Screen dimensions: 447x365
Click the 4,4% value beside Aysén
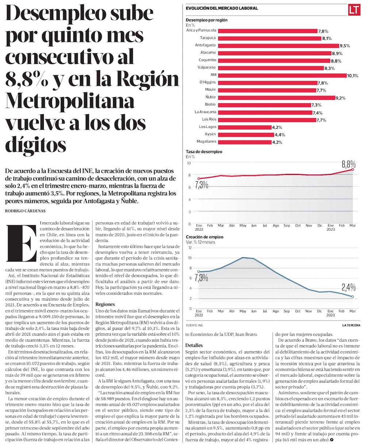(279, 135)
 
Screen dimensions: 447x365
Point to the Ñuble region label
(211, 98)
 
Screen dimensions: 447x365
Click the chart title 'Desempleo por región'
(207, 20)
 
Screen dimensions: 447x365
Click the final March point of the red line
(353, 169)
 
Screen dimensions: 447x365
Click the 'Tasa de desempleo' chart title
(204, 152)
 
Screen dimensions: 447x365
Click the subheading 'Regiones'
(105, 304)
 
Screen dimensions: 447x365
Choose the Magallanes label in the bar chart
(206, 142)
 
